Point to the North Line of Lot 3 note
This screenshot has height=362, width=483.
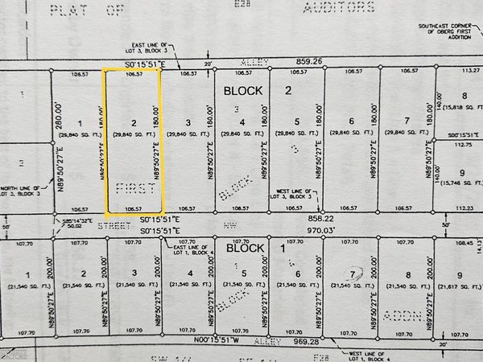pos(18,194)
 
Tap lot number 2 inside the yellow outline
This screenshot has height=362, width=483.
pos(133,122)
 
